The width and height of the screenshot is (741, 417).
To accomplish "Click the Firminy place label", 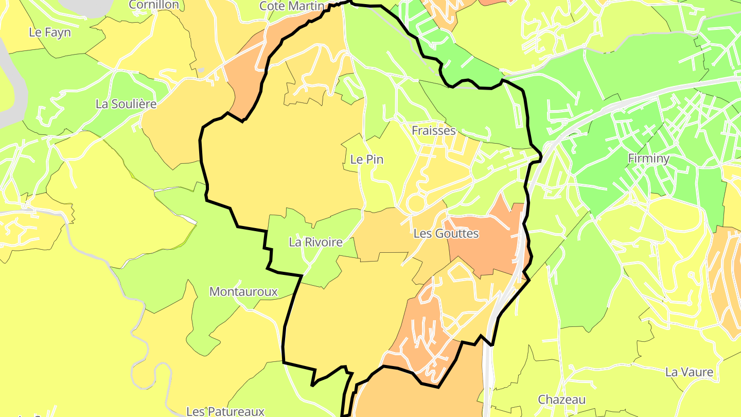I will pyautogui.click(x=648, y=159).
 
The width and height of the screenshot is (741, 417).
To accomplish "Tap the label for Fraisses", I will pyautogui.click(x=433, y=131).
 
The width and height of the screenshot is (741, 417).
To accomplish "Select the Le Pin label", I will pyautogui.click(x=366, y=160).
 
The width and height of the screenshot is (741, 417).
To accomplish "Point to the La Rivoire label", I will pyautogui.click(x=315, y=242).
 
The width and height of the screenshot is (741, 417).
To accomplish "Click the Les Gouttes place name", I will pyautogui.click(x=446, y=234).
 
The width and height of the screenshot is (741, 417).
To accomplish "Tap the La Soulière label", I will pyautogui.click(x=126, y=104).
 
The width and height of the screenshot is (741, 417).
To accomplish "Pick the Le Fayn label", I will pyautogui.click(x=49, y=32).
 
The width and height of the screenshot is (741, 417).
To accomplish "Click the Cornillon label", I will pyautogui.click(x=154, y=5).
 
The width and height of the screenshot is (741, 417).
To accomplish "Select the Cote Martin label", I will pyautogui.click(x=292, y=6).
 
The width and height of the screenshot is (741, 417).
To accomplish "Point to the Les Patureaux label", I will pyautogui.click(x=225, y=411).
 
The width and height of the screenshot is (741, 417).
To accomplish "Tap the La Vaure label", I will pyautogui.click(x=689, y=372).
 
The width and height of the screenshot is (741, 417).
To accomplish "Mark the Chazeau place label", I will pyautogui.click(x=561, y=399).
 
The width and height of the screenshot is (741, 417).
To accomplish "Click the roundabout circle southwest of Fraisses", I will pyautogui.click(x=415, y=204).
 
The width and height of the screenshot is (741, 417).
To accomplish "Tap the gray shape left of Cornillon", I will pyautogui.click(x=87, y=6).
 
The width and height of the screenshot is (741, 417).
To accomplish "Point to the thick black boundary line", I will pyautogui.click(x=201, y=154).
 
